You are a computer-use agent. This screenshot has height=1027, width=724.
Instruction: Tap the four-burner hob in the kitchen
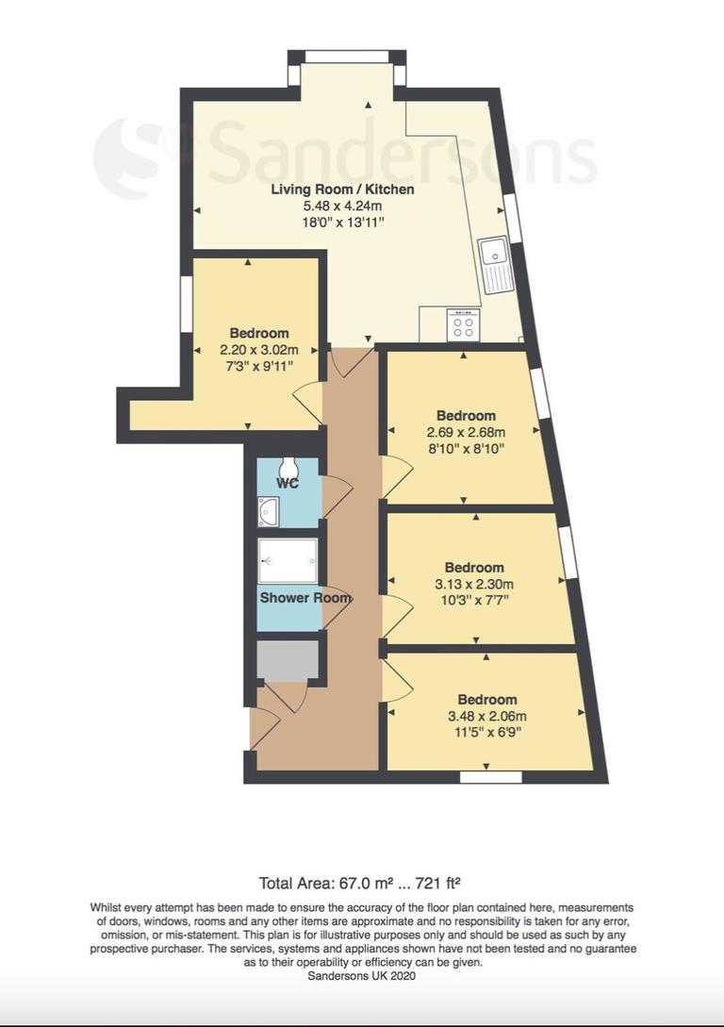tap(463, 325)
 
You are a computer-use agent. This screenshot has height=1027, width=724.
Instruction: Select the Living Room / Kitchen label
tap(342, 190)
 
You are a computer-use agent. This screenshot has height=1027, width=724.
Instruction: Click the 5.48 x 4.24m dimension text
tap(342, 206)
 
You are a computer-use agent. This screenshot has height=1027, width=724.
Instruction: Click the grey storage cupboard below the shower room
tap(288, 660)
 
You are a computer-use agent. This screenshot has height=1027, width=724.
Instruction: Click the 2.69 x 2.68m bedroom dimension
tap(466, 432)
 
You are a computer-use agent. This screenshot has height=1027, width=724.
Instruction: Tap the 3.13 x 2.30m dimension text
tap(474, 584)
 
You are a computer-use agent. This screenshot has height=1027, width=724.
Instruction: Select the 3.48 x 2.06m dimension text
tap(487, 716)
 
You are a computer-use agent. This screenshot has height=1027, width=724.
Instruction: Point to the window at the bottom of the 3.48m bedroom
tap(490, 777)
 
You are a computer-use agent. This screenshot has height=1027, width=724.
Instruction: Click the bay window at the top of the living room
tap(347, 58)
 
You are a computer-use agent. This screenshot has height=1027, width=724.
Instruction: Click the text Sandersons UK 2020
tap(361, 976)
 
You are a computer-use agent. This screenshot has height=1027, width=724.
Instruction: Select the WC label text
tap(288, 484)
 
